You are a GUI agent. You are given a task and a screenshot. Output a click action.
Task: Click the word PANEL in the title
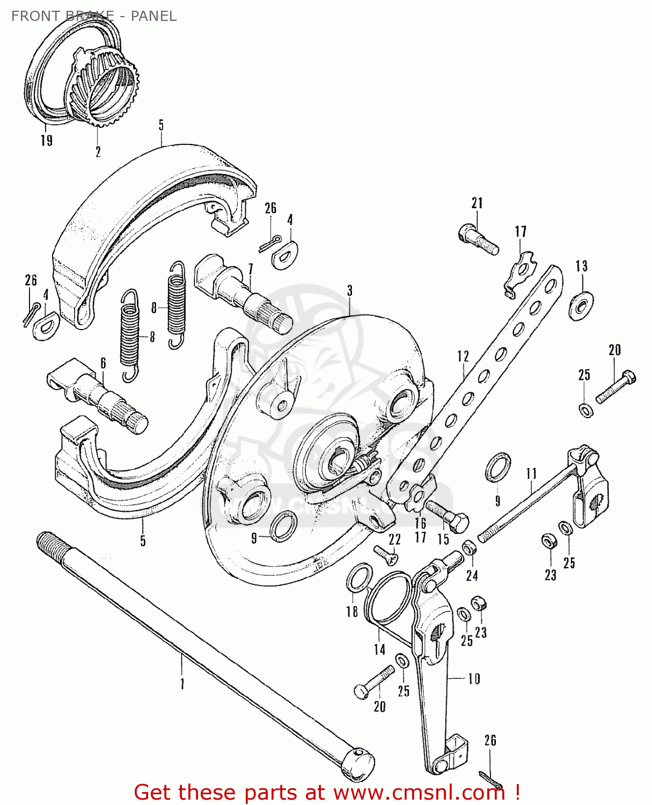pos(153,16)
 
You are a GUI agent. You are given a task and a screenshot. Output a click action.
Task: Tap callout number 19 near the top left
pos(47,140)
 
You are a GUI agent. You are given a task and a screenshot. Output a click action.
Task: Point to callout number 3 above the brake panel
pos(350,291)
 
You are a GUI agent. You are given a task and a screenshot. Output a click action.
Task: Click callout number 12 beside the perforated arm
pos(463,356)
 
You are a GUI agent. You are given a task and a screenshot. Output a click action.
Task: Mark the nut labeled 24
pos(469,548)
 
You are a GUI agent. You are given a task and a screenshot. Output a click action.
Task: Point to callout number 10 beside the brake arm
pos(474,679)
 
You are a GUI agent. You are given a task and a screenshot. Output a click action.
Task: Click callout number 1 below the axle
pos(182,684)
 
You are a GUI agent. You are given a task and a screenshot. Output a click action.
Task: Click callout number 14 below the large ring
pos(379,649)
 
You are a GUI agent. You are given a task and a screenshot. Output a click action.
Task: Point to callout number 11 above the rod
pos(531,474)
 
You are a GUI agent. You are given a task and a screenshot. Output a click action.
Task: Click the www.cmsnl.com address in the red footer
pos(419,792)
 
